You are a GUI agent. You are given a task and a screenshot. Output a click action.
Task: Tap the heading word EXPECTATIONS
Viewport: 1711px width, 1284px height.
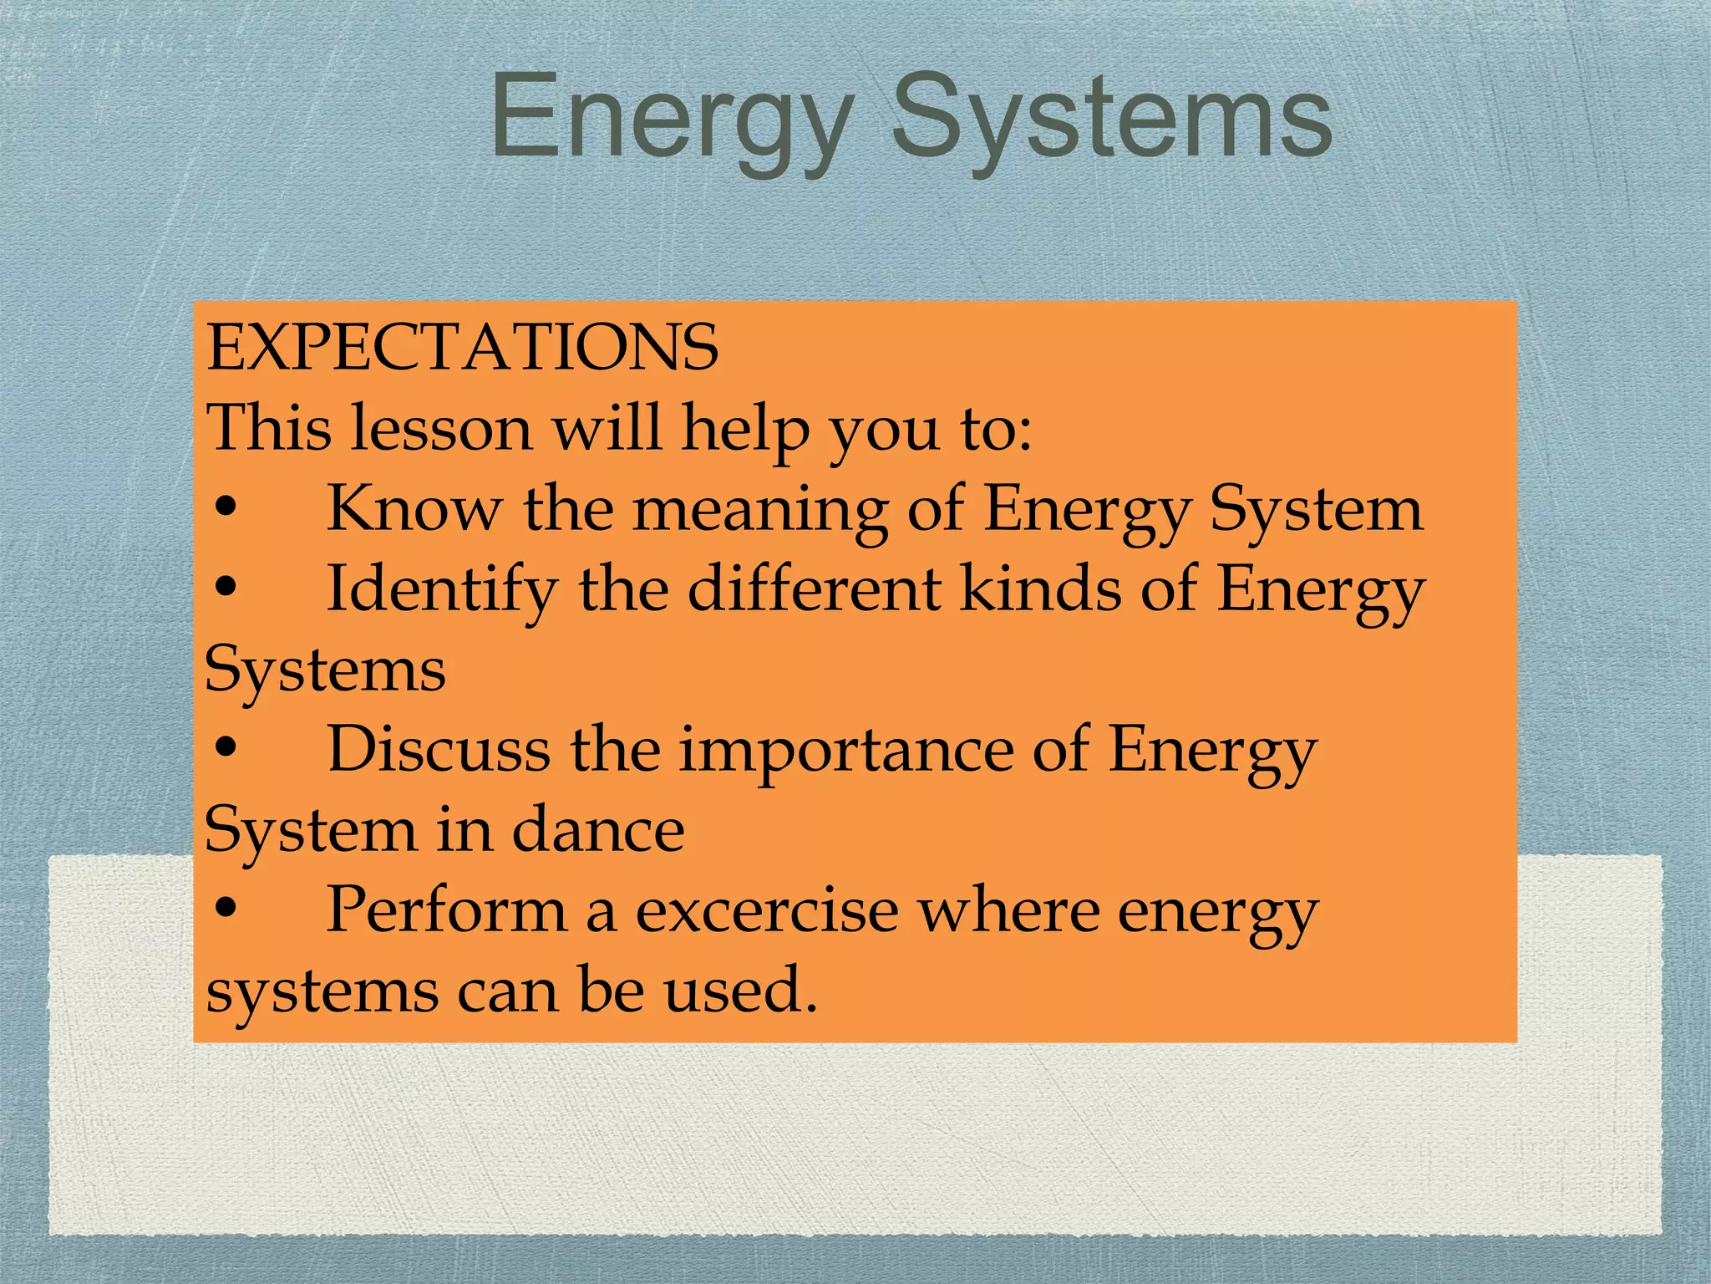click(x=462, y=347)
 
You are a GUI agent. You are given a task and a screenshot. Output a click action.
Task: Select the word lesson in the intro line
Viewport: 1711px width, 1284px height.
click(x=441, y=428)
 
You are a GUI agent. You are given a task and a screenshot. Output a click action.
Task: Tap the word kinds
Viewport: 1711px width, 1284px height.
click(x=1040, y=588)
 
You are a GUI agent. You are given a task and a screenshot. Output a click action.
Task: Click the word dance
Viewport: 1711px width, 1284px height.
click(x=597, y=830)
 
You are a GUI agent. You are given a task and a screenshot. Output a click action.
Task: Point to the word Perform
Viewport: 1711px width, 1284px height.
click(x=446, y=909)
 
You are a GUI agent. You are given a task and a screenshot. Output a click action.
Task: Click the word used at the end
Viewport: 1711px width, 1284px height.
click(x=740, y=991)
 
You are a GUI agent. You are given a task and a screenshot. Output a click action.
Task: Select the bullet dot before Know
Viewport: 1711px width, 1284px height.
click(x=226, y=508)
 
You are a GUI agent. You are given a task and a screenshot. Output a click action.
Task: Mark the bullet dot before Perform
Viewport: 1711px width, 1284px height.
click(x=226, y=909)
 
